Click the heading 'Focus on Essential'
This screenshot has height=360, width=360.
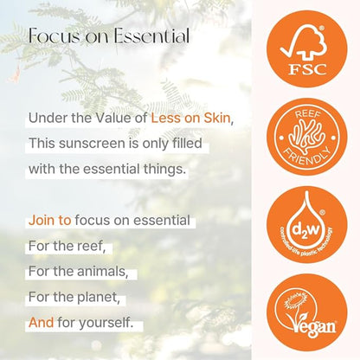(109, 35)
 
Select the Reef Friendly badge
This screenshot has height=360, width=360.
(309, 134)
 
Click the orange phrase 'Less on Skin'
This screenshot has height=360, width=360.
(192, 117)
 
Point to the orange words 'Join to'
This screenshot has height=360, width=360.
(50, 220)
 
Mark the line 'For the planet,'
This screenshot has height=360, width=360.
(74, 298)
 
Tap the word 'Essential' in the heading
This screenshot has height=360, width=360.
(148, 35)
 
